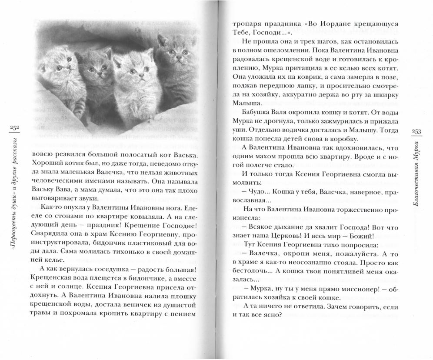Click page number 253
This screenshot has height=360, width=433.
click(x=415, y=132)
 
